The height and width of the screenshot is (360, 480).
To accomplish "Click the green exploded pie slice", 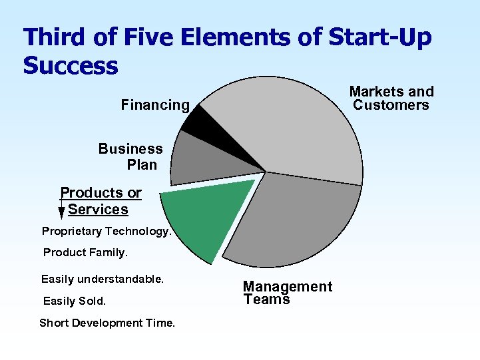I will click(206, 216).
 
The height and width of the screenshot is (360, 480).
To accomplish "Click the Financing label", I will click(155, 105).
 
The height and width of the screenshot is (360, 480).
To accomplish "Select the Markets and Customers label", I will click(391, 98).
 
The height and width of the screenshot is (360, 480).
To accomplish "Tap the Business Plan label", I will click(131, 157).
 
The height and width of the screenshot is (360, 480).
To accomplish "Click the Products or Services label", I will click(101, 201).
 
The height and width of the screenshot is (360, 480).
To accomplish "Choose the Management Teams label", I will click(287, 293).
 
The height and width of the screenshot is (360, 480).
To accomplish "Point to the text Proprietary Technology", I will click(107, 232).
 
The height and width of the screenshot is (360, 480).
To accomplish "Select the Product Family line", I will click(85, 253).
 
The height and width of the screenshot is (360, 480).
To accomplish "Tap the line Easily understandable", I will click(103, 279).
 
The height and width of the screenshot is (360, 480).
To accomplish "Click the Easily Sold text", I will click(75, 301).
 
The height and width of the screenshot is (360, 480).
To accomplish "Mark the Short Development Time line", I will click(107, 323).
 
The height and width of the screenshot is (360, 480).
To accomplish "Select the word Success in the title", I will click(71, 66).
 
